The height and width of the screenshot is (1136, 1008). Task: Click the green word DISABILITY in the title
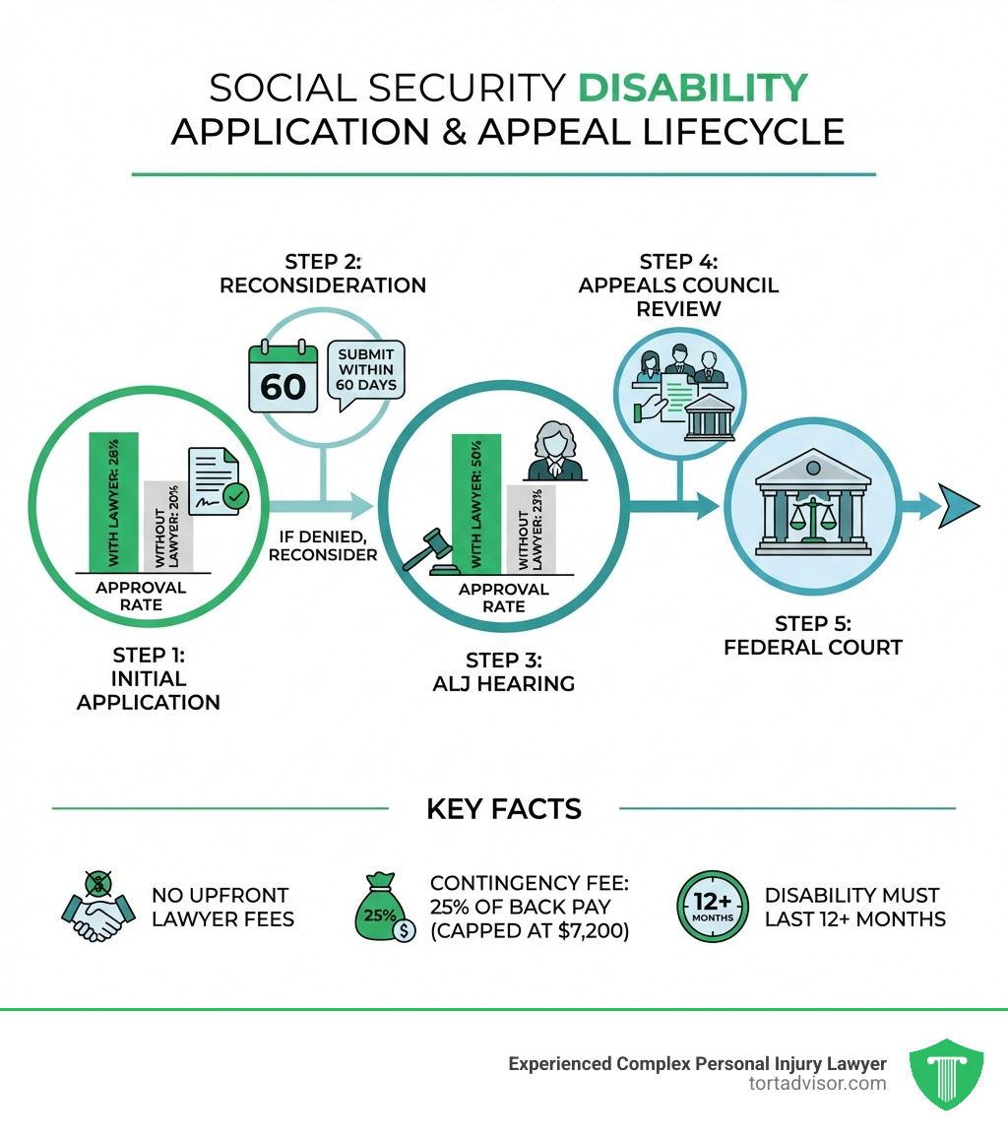692,89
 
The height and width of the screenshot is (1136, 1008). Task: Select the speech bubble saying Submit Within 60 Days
365,370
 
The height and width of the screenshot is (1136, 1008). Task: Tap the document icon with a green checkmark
220,482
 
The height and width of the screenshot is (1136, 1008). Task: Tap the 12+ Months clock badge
713,907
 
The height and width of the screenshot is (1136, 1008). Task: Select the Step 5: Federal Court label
813,636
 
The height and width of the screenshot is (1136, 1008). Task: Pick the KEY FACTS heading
504,809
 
